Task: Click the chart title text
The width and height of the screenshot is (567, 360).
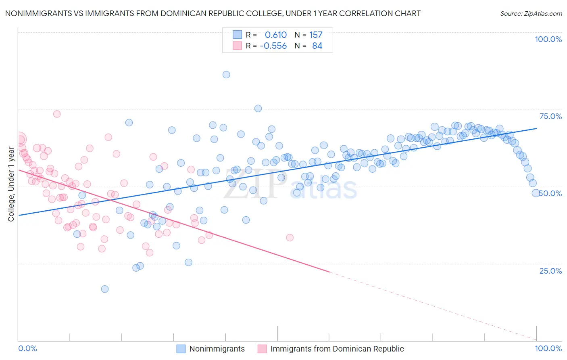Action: [213, 13]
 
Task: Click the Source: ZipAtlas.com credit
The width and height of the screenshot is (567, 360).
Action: [531, 13]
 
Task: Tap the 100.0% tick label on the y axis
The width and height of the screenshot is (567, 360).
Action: [548, 39]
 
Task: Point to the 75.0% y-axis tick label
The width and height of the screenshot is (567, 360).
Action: [550, 116]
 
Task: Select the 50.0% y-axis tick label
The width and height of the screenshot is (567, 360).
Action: [551, 193]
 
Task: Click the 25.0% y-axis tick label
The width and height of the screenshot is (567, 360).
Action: [550, 270]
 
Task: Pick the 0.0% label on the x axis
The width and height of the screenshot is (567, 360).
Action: [27, 348]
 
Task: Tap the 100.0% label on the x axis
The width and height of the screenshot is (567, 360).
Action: [548, 348]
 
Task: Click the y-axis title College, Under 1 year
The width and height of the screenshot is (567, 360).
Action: [11, 184]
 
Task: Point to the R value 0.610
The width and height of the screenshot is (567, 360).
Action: [275, 35]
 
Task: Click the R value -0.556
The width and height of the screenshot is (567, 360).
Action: [273, 46]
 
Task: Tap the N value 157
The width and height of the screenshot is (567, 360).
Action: [316, 35]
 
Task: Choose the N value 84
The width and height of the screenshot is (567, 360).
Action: [317, 46]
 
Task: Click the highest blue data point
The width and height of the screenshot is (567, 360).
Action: [226, 75]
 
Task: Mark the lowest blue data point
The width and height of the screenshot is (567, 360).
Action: [105, 289]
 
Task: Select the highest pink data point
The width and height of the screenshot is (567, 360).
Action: [57, 114]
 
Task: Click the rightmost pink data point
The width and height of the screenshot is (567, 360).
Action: [290, 238]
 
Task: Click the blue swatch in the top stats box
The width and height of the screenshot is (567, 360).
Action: [237, 35]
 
